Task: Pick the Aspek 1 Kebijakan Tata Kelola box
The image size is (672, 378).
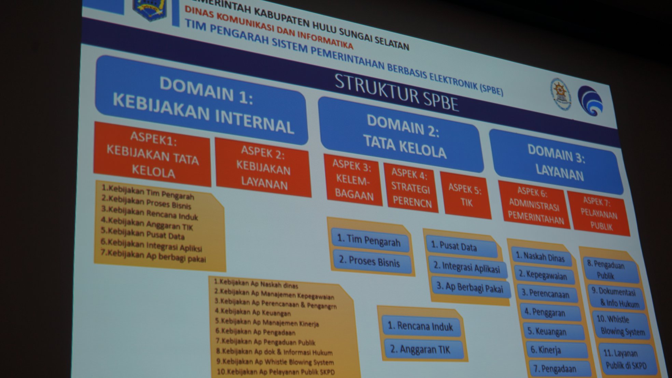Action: point(152,155)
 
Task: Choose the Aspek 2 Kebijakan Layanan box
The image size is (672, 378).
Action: point(263,168)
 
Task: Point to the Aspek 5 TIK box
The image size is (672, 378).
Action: point(465,195)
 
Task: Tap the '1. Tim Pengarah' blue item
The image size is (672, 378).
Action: point(369,241)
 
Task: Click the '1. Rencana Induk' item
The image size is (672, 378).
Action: point(421,326)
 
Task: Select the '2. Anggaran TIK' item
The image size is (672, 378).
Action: point(421,349)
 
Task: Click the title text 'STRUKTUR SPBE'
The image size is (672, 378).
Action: point(396,93)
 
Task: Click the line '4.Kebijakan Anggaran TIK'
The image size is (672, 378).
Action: point(147,224)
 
